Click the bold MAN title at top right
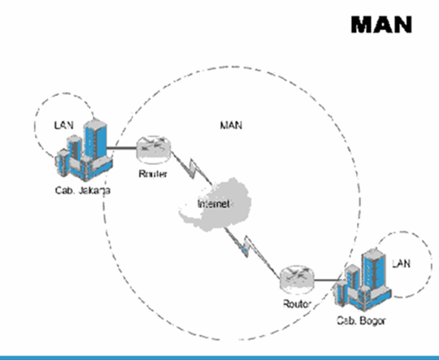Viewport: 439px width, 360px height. click(x=381, y=24)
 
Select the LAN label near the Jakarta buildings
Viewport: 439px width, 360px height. click(x=63, y=125)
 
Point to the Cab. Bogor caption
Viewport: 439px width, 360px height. click(x=360, y=321)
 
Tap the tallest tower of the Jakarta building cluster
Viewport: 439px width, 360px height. click(x=95, y=143)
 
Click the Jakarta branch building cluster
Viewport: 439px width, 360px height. click(x=82, y=154)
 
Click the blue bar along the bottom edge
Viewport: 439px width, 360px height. click(x=219, y=356)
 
